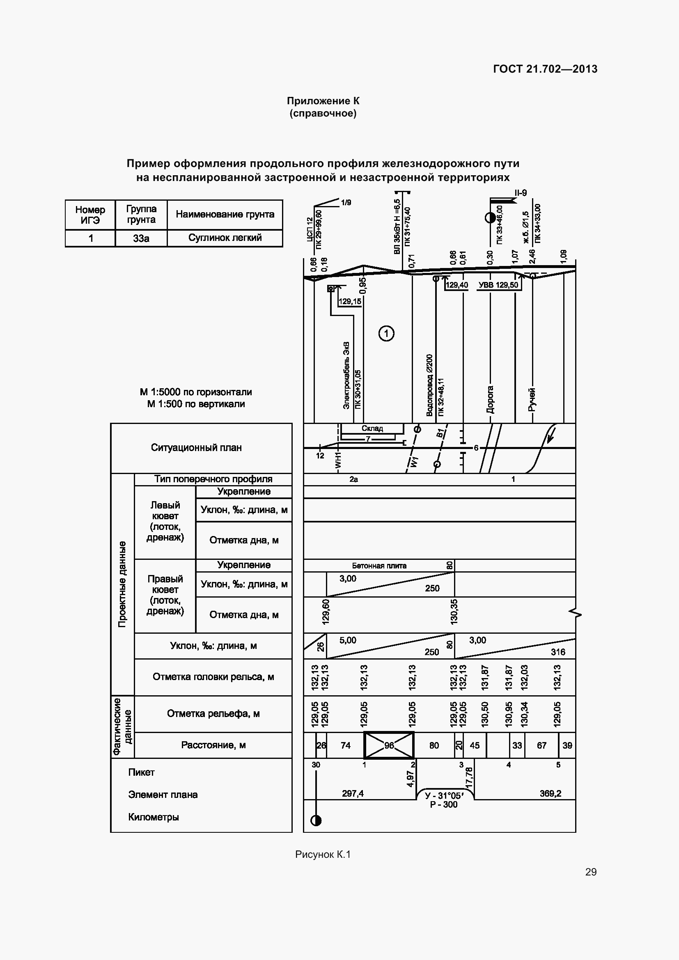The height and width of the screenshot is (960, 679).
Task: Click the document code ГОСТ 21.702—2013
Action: pos(545,69)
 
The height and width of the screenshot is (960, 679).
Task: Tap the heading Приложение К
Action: pos(323,101)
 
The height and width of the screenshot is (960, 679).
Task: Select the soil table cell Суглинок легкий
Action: pos(225,238)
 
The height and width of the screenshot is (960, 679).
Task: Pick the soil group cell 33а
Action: pos(141,238)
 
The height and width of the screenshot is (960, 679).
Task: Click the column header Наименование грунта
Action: pos(225,215)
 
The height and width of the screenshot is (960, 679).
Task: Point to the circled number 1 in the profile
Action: pos(386,334)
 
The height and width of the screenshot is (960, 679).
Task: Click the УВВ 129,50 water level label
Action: pos(498,285)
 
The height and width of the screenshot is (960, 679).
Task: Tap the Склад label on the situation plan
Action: pos(372,428)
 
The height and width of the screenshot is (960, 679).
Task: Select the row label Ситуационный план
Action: pos(196,448)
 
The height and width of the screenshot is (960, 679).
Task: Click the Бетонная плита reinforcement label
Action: pos(379,566)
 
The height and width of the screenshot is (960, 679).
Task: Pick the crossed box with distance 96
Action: pos(389,745)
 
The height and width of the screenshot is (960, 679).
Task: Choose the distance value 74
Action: pos(345,745)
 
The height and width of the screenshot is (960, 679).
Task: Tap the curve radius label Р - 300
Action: pos(444,805)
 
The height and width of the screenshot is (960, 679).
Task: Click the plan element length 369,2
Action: pos(550,793)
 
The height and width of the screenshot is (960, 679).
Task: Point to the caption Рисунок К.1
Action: pos(323,855)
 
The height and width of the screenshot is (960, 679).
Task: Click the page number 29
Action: pos(591,872)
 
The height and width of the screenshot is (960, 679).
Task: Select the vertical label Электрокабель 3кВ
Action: pos(346,376)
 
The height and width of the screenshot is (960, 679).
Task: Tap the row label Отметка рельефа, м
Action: pos(213,713)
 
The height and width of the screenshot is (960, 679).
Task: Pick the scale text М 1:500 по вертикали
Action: pos(196,404)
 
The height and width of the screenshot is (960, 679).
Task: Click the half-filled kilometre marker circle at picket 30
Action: pos(316,821)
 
